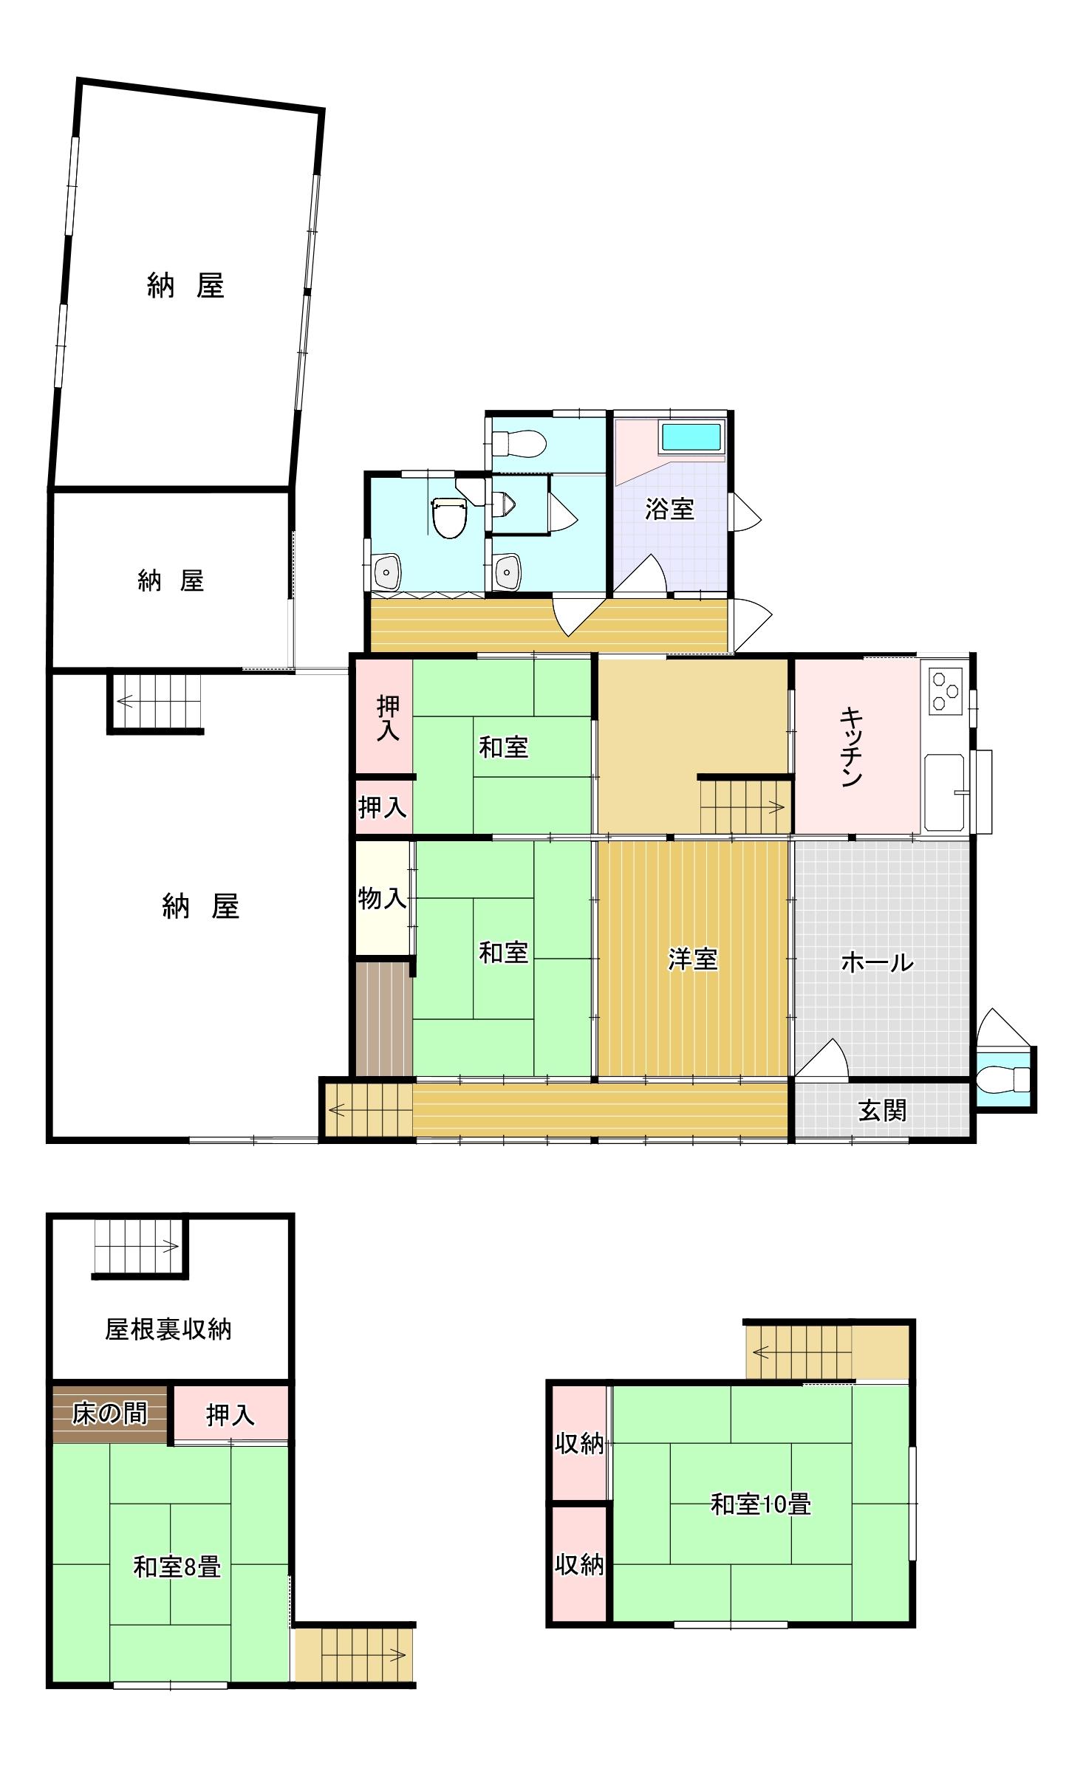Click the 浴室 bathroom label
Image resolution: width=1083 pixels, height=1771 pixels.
point(669,510)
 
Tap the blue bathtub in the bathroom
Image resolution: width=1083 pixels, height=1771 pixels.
point(691,437)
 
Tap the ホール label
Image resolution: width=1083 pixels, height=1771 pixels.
point(878,963)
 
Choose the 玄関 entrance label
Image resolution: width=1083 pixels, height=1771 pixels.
point(882,1110)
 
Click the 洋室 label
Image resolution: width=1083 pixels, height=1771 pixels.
point(692,959)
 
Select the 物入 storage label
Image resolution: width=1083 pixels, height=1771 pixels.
point(382,899)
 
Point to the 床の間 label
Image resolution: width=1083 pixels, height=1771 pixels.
point(109,1414)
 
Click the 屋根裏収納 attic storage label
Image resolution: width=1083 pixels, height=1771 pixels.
point(168,1329)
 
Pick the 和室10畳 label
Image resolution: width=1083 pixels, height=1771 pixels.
point(761,1504)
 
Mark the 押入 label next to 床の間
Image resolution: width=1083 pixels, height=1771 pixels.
point(230,1416)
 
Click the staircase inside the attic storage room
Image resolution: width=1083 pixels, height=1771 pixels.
point(137,1247)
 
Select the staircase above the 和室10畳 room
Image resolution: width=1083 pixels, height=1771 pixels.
point(799,1352)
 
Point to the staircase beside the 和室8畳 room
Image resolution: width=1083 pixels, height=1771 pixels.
point(354,1655)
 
